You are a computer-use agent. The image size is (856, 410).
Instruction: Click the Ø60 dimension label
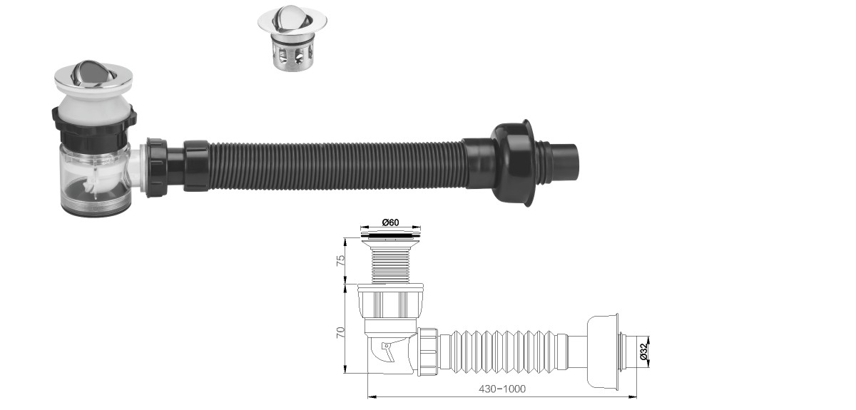390,222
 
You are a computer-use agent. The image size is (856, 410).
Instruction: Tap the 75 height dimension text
340,260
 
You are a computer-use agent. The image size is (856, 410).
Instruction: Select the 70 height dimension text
340,332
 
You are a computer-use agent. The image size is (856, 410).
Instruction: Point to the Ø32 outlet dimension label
644,352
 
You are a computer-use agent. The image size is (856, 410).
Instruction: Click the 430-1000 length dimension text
502,389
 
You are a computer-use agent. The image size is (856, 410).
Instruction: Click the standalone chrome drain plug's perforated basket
292,56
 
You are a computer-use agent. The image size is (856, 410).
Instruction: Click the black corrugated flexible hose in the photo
338,166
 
